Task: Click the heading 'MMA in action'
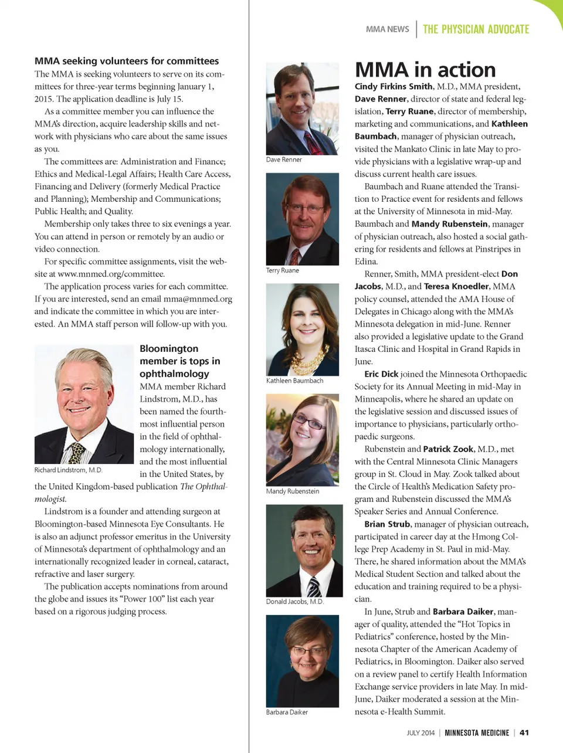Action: [x=425, y=70]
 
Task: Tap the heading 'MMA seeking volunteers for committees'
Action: [x=127, y=61]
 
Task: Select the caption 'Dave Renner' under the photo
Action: [x=284, y=160]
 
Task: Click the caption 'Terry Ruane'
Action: [x=283, y=270]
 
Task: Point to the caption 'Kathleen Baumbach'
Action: [x=294, y=381]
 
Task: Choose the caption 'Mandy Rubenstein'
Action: [x=293, y=491]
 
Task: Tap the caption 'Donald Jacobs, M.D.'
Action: [x=294, y=601]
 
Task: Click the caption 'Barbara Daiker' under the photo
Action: [x=287, y=712]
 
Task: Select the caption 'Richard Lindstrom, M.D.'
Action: [x=68, y=470]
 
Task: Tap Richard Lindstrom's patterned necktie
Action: [x=77, y=453]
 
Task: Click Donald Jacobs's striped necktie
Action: [x=314, y=586]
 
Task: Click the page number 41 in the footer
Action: [x=524, y=732]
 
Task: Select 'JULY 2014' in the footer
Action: [x=420, y=732]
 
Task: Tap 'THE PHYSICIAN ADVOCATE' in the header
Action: [x=476, y=29]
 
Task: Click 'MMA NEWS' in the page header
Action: [x=387, y=29]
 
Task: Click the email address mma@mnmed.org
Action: [x=198, y=299]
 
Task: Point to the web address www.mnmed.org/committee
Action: [x=111, y=274]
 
